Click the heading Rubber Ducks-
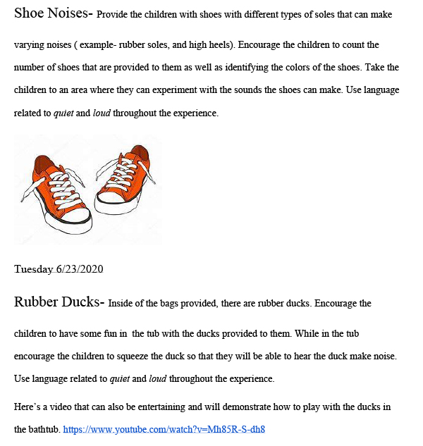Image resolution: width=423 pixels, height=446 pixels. point(59,302)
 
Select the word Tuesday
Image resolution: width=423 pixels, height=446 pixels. point(33,269)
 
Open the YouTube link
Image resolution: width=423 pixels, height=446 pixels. point(164,428)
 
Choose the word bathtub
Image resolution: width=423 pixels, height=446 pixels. point(43,428)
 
